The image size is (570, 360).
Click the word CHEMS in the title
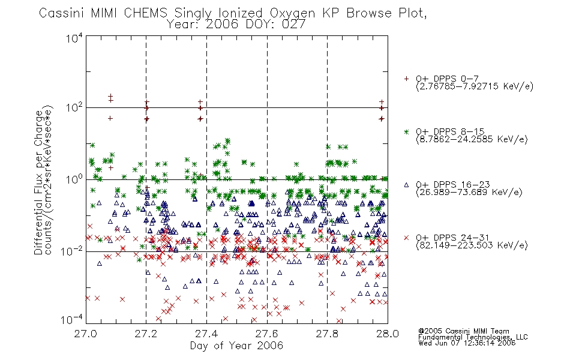tap(146, 13)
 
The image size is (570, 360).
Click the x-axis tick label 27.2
tap(146, 334)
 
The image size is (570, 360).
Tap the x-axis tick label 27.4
tap(206, 334)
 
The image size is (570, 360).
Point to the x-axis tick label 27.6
tap(267, 334)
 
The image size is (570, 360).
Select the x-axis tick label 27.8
tap(327, 334)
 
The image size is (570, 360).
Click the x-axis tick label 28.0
tap(388, 334)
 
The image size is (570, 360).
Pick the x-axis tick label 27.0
tap(86, 334)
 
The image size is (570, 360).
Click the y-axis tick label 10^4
tap(74, 38)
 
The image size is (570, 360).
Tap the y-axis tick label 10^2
tap(74, 108)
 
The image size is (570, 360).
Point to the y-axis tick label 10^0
tap(74, 179)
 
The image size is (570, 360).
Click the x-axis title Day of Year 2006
tap(236, 346)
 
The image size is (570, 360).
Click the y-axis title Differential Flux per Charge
tap(38, 183)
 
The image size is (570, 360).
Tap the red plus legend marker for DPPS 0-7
tap(406, 79)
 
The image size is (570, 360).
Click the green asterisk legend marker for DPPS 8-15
tap(406, 131)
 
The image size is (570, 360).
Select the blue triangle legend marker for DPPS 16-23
tap(406, 185)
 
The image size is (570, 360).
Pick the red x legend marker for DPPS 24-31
tap(406, 238)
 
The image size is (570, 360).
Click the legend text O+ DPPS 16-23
tap(453, 185)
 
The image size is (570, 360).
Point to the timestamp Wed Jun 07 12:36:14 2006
tap(467, 343)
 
